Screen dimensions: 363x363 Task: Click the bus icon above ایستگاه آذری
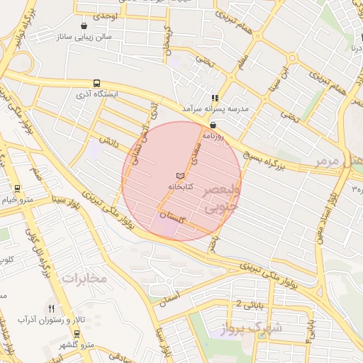coord(96,83)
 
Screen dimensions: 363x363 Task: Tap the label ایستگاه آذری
coord(97,94)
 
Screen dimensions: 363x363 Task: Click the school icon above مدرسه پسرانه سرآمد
coord(214,99)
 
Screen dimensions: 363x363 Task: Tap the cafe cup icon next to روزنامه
coord(213,123)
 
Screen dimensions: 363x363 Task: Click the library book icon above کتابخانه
coord(180,175)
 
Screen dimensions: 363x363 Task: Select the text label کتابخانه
coord(180,186)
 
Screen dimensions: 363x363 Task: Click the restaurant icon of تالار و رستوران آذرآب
coord(51,309)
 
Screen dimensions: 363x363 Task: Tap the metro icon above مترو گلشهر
coord(77,333)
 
